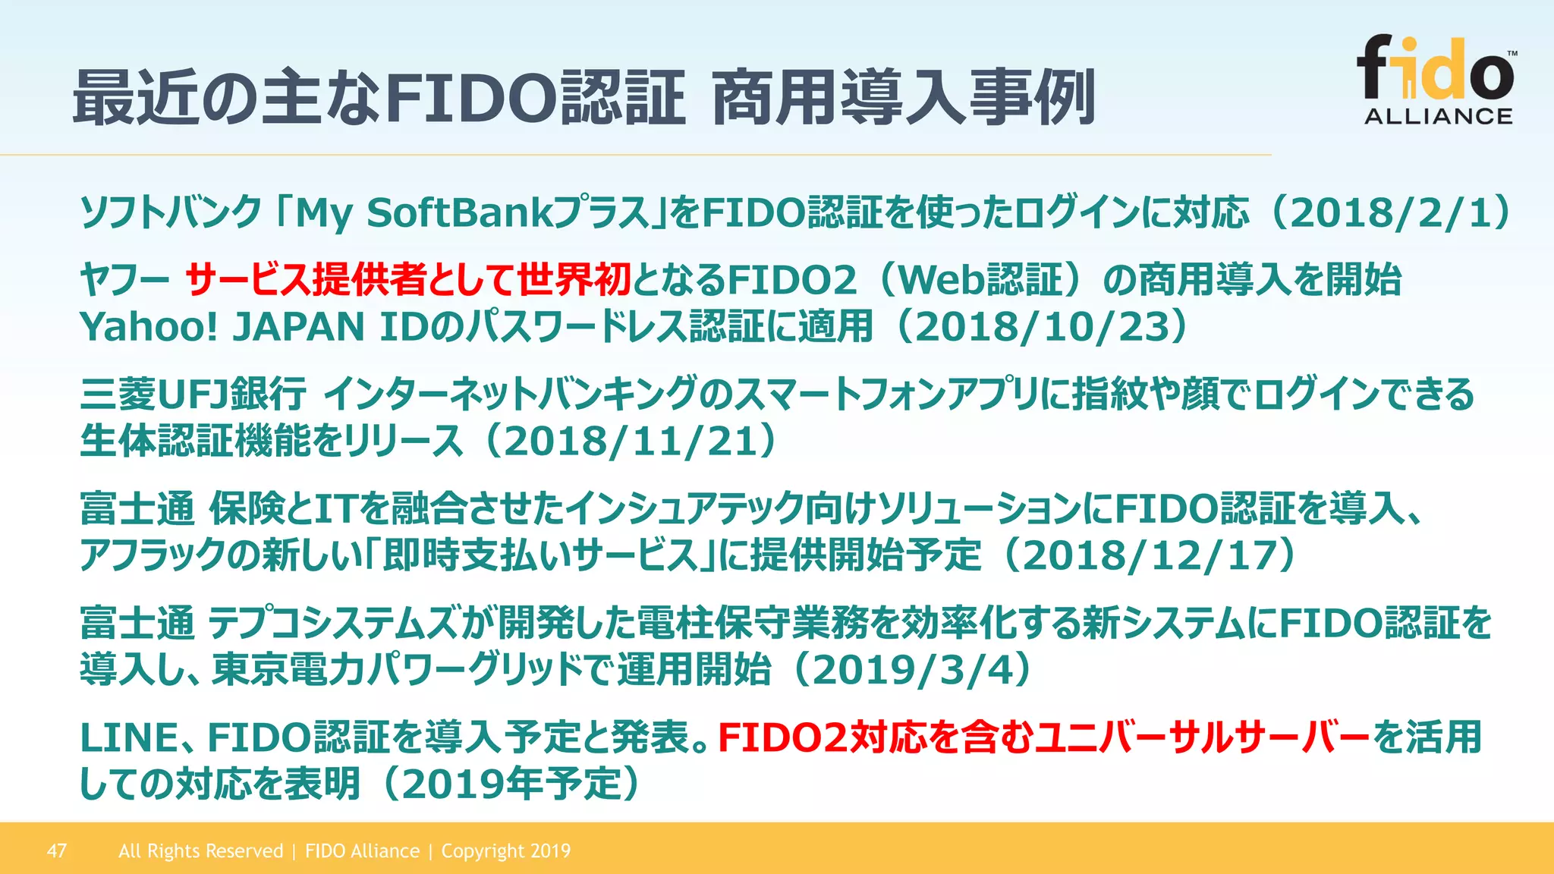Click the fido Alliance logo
[1437, 80]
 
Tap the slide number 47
[57, 850]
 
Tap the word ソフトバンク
[171, 213]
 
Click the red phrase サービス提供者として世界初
[408, 280]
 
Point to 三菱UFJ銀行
[193, 394]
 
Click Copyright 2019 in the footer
[506, 850]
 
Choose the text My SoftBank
[425, 213]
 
